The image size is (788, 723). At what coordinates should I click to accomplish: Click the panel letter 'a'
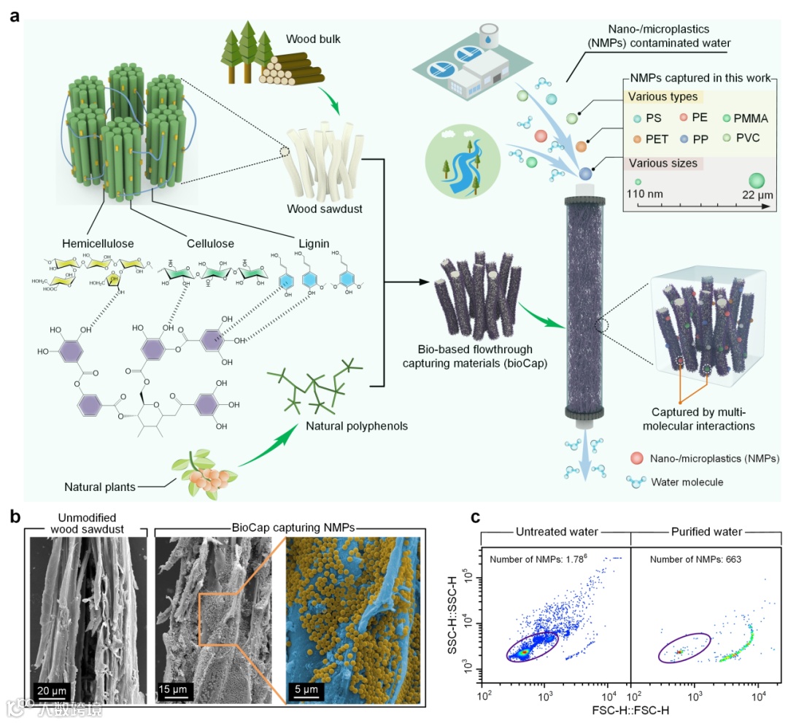tap(14, 15)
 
